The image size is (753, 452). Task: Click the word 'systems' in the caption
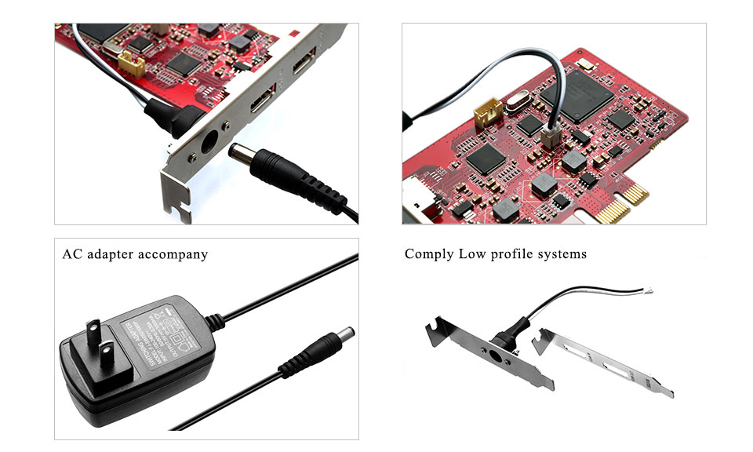coord(561,255)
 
